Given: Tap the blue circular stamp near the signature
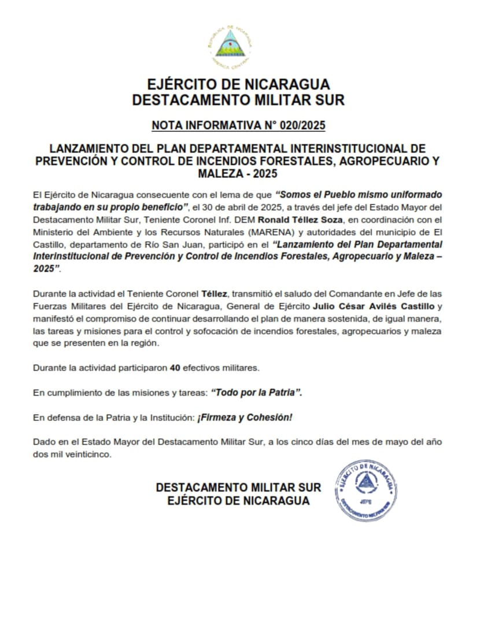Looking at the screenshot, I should tap(365, 490).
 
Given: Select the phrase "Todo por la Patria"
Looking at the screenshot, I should tap(257, 393).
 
